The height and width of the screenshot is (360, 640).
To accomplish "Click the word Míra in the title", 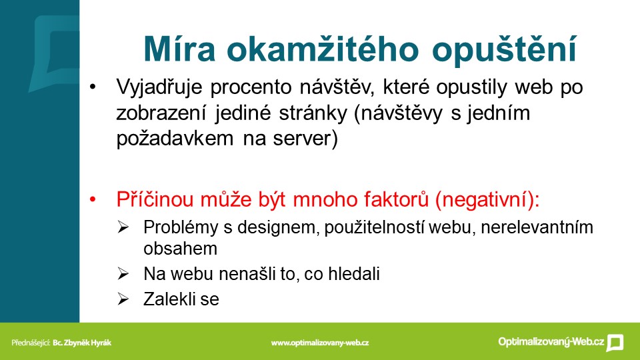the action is (x=179, y=49).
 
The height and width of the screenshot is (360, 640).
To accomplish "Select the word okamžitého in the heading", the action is (x=323, y=49).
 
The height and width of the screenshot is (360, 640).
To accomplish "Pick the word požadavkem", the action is (x=175, y=139).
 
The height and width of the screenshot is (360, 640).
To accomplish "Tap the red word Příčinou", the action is (x=154, y=199).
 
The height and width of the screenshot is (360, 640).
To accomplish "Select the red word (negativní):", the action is (x=487, y=201).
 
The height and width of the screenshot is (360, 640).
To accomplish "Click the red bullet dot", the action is (x=93, y=199).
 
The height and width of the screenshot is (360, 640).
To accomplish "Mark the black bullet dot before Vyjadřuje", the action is (x=93, y=87).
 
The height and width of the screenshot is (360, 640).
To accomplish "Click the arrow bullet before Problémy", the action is (x=123, y=227).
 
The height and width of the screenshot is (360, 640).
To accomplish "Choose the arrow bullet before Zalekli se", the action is (x=123, y=299).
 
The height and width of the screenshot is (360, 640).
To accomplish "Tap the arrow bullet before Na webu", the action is (x=123, y=273).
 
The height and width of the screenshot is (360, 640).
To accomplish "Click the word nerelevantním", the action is (x=537, y=227).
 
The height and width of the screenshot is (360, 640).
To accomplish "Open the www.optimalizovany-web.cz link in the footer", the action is (x=320, y=343).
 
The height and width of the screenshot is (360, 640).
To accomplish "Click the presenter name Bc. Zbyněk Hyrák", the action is (x=82, y=343).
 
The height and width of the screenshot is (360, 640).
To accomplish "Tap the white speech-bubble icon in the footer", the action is (x=615, y=343).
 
